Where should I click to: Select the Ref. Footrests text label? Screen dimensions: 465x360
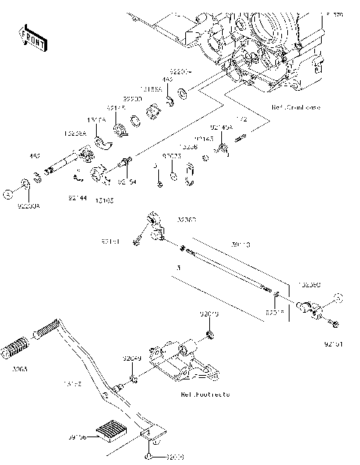[205, 394]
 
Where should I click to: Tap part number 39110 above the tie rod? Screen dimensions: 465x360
[242, 244]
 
